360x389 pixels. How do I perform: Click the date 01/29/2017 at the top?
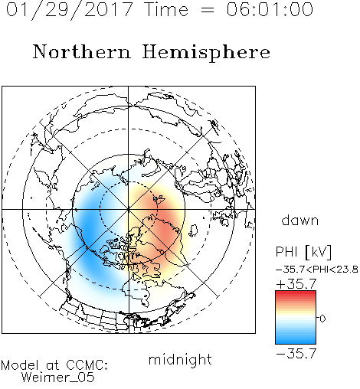69,10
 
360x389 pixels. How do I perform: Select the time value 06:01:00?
270,9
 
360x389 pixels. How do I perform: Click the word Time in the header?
166,9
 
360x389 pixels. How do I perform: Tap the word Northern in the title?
82,52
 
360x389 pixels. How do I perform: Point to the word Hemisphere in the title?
206,53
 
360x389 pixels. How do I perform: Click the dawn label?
300,220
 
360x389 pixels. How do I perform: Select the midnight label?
180,359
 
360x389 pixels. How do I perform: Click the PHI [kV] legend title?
303,252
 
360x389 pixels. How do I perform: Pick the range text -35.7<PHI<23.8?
317,270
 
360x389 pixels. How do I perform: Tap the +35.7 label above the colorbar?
296,284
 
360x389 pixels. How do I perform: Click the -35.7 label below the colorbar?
296,354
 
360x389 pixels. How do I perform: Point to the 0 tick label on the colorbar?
322,319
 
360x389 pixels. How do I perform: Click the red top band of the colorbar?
296,294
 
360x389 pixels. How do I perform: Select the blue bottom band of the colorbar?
296,340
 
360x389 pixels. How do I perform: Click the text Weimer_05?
58,377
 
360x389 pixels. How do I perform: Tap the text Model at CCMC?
54,365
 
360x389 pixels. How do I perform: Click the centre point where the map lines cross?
129,209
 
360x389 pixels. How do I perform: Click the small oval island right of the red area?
193,230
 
